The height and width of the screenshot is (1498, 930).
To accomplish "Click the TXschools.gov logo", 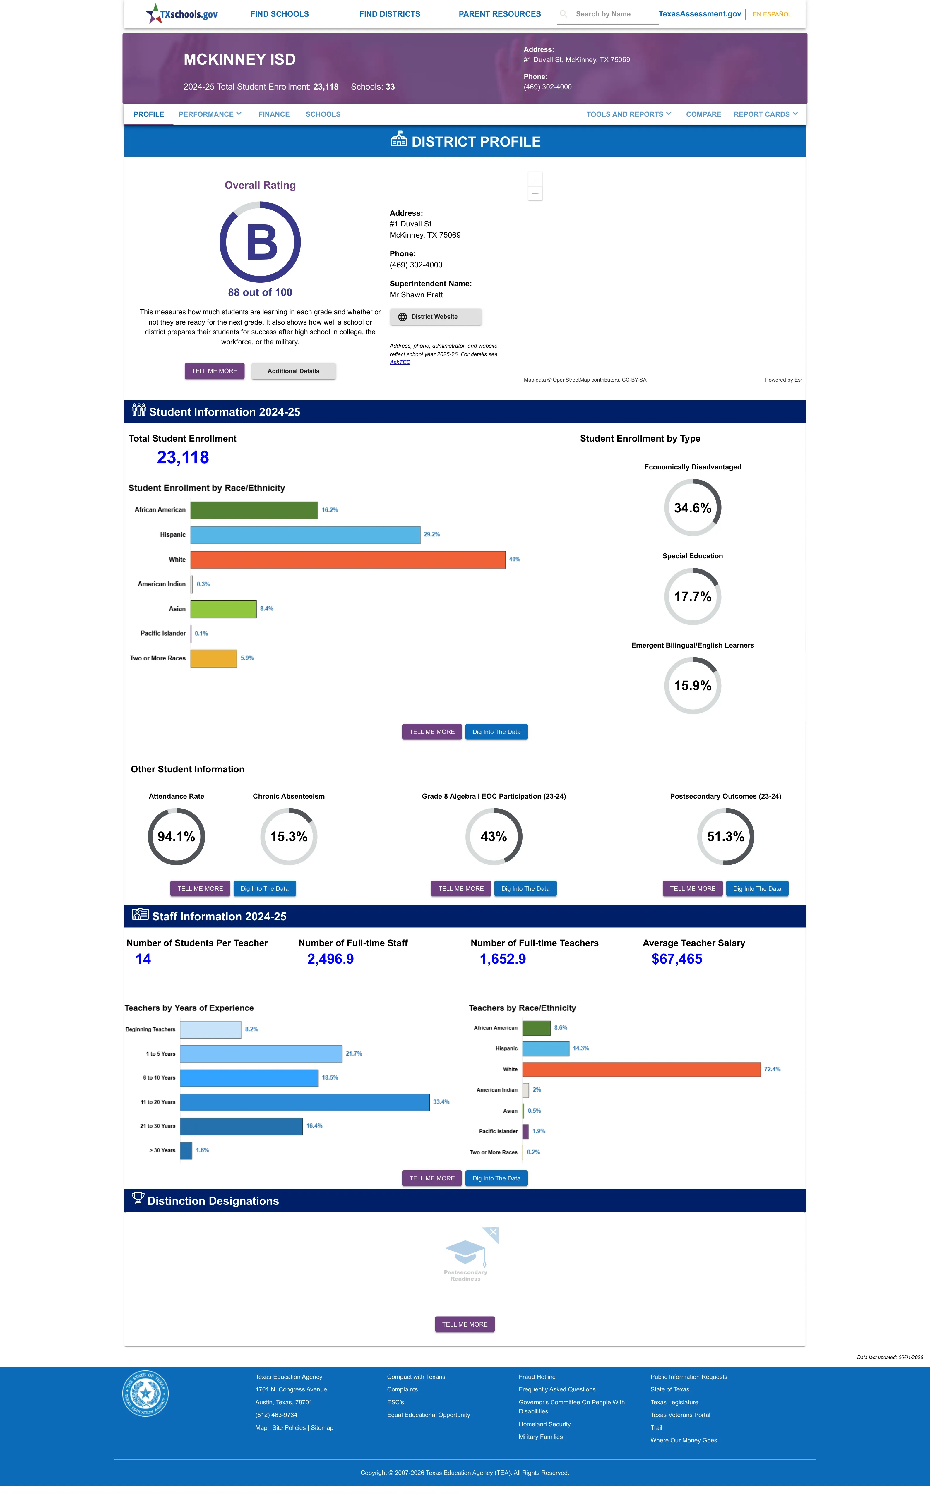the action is [181, 13].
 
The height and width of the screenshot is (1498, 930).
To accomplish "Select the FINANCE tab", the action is [274, 114].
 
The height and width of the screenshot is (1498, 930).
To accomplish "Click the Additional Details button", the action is [293, 371].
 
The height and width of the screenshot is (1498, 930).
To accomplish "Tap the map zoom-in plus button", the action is [535, 179].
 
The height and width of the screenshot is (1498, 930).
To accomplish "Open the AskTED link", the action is [400, 362].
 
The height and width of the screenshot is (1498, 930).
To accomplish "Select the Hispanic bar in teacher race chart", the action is [546, 1049].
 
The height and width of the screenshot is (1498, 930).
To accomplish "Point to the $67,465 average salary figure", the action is [676, 959].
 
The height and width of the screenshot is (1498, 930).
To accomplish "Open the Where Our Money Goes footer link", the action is [683, 1440].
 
